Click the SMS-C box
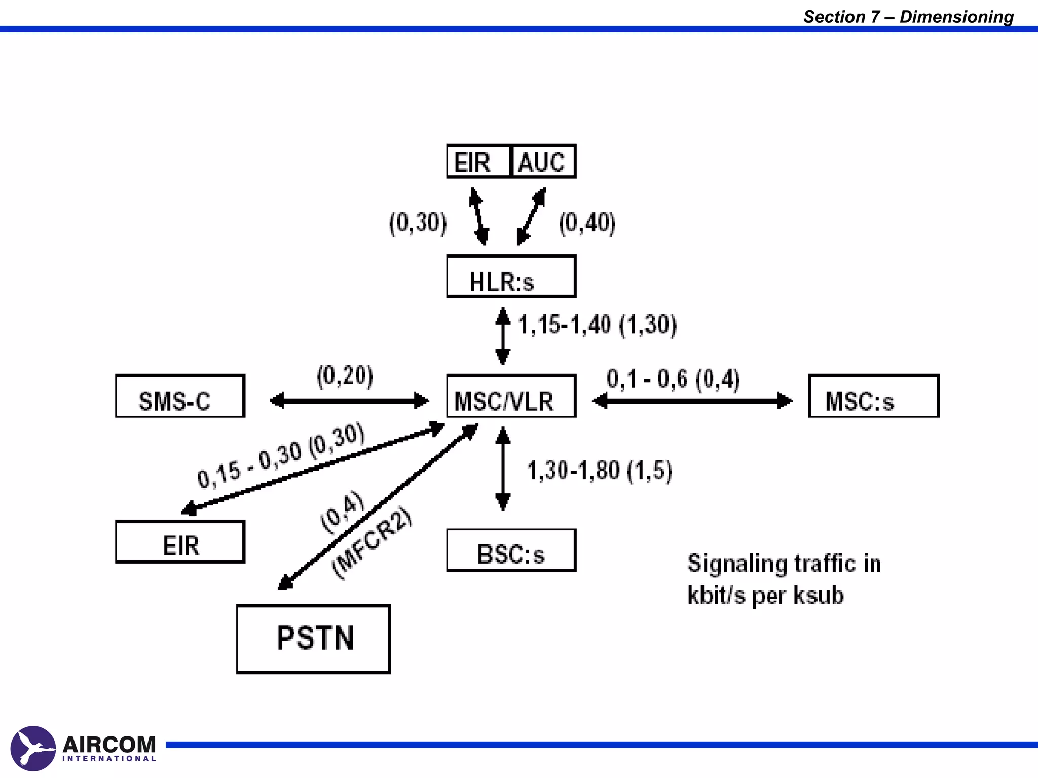(x=180, y=396)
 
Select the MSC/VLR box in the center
(x=511, y=396)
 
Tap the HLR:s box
(x=511, y=277)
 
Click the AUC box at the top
(x=543, y=162)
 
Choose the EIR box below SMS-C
(x=180, y=542)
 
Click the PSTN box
(x=313, y=639)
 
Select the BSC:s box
(x=511, y=551)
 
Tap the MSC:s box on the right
(x=873, y=396)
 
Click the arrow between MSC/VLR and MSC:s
(x=692, y=401)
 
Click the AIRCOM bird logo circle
(x=33, y=748)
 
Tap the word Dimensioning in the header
(x=956, y=17)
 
